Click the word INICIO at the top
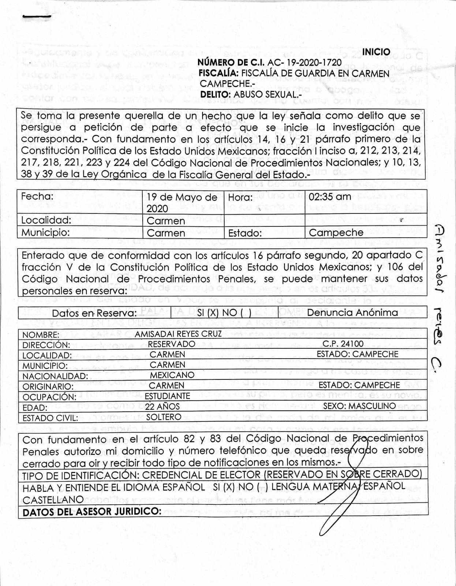point(376,52)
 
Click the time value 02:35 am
point(330,197)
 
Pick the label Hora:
point(240,197)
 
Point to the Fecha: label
point(37,196)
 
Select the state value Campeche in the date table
point(336,233)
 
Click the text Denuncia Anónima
point(352,312)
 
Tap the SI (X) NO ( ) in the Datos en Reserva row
point(224,313)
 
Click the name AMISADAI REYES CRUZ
point(178,334)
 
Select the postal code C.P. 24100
point(343,344)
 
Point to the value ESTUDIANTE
point(167,396)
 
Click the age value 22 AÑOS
point(162,407)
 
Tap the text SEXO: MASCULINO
point(359,406)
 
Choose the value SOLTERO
point(164,417)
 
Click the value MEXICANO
point(172,375)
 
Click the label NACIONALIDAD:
point(55,376)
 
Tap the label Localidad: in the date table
point(46,220)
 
